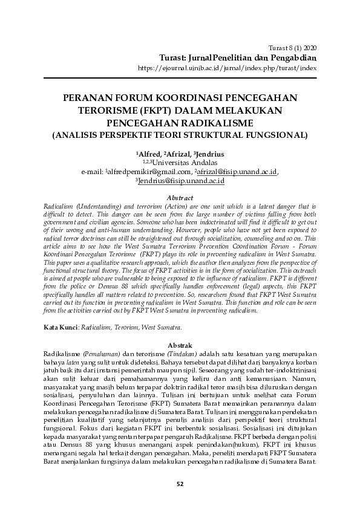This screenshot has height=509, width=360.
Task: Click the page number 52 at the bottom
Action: pyautogui.click(x=180, y=483)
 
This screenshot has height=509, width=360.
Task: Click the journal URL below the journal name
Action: pyautogui.click(x=227, y=68)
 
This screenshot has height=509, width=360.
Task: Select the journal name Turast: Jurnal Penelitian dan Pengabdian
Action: pyautogui.click(x=238, y=57)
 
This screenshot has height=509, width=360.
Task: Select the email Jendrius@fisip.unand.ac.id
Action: pyautogui.click(x=182, y=180)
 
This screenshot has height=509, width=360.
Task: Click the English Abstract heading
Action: pyautogui.click(x=180, y=198)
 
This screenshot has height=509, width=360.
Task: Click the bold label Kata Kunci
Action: pyautogui.click(x=59, y=326)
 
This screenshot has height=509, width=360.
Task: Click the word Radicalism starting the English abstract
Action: pyautogui.click(x=59, y=206)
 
